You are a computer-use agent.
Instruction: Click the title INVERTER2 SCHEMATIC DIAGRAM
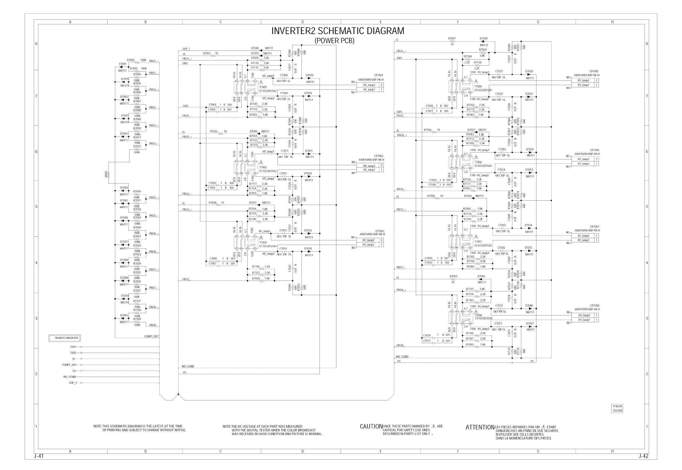[x=338, y=31]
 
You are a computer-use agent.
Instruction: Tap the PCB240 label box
[x=618, y=406]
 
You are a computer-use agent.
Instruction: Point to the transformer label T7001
[x=263, y=87]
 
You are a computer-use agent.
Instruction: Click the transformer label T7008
[x=478, y=315]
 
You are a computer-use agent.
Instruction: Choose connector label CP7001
[x=379, y=75]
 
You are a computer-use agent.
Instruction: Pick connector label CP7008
[x=595, y=306]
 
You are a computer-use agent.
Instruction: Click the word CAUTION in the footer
[x=371, y=426]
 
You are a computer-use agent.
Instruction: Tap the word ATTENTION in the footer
[x=480, y=427]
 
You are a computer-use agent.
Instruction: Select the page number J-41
[x=39, y=456]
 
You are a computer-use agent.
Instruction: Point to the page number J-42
[x=643, y=456]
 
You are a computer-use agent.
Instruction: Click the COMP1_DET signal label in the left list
[x=69, y=365]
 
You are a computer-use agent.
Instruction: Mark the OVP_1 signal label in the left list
[x=72, y=383]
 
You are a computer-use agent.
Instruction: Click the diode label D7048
[x=255, y=48]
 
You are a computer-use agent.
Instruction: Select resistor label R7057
[x=452, y=39]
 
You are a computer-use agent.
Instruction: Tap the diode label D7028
[x=483, y=39]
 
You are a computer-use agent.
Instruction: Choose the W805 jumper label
[x=106, y=174]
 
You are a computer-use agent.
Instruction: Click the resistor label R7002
[x=131, y=60]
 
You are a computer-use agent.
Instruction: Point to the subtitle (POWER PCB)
[x=334, y=41]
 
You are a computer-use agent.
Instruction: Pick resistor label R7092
[x=453, y=277]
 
